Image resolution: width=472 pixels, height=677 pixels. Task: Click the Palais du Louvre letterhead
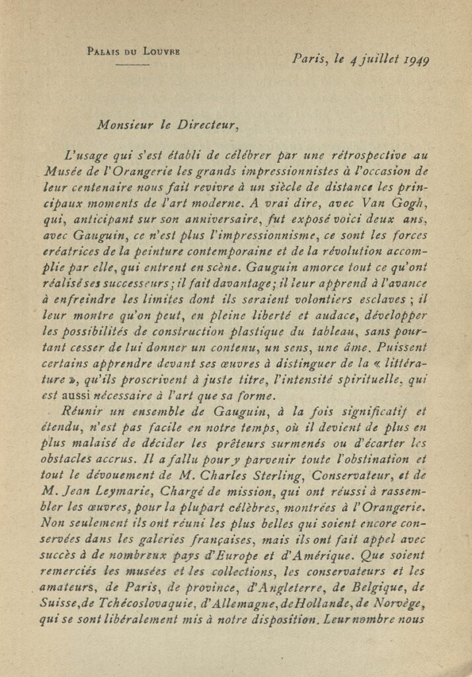pyautogui.click(x=134, y=51)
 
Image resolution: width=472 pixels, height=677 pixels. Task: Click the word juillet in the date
pyautogui.click(x=376, y=60)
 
